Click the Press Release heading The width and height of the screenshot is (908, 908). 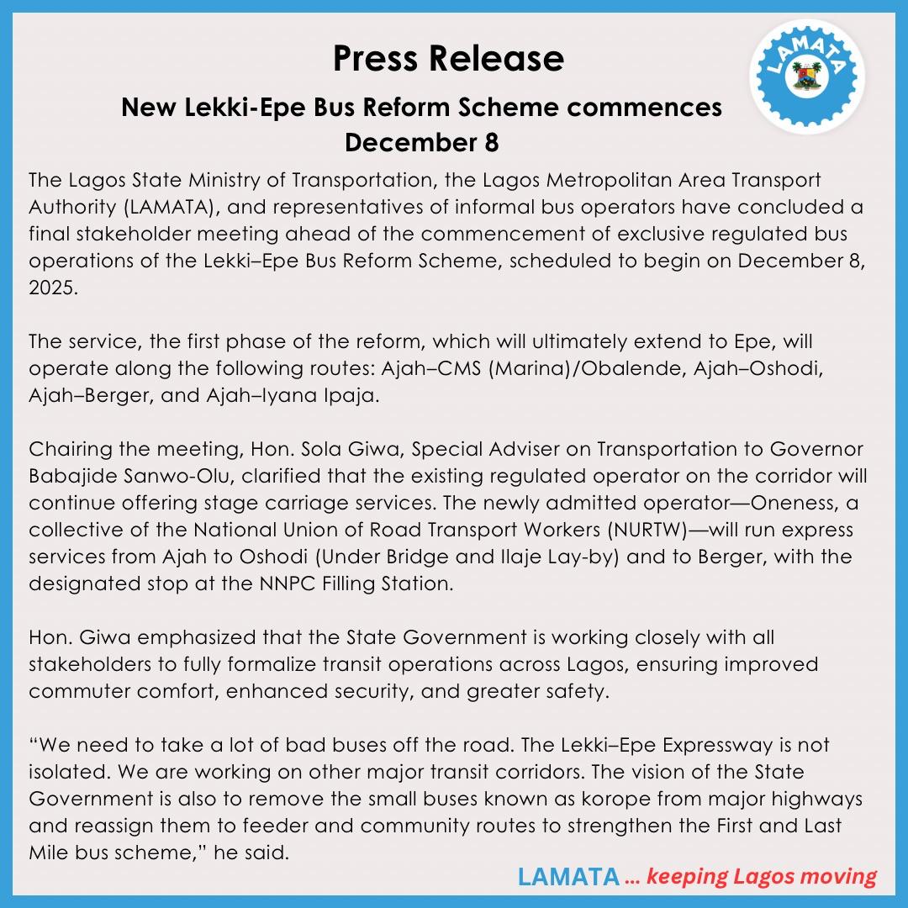point(448,59)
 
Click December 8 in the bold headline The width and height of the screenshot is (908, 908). point(421,142)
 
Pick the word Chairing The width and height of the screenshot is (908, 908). point(68,450)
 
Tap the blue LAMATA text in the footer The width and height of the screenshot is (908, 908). point(567,877)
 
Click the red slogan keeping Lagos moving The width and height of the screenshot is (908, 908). point(762,877)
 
